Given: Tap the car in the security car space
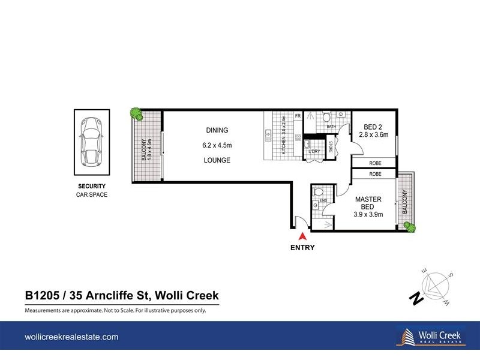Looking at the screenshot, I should pos(92,140).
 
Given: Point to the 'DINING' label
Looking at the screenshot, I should pos(217,130).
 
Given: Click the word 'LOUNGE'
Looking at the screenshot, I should pos(217,160).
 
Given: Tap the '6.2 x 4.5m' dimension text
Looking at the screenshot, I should pos(217,145).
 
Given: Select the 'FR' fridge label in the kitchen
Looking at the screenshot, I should pos(297,116).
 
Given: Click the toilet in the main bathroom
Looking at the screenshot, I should pos(327,116).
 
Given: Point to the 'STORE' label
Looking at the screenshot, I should pos(331,148).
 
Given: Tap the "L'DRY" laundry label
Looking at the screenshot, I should pos(314,151).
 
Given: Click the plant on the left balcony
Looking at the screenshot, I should pos(137,113).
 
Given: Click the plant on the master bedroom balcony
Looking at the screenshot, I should pos(410,226).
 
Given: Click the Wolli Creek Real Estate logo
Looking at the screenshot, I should pos(425,337).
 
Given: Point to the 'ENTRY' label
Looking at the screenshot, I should pos(302,247).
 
